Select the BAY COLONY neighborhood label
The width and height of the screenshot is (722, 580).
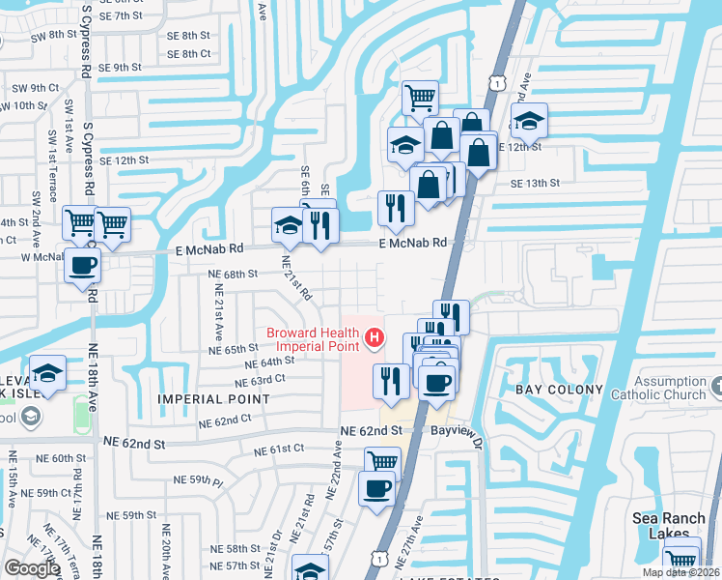559,390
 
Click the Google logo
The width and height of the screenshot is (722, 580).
32,568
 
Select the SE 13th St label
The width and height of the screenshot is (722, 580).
535,183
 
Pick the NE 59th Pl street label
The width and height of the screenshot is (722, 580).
198,479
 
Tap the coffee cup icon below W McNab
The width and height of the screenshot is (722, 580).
83,265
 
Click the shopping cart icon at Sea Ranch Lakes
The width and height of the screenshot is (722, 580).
681,559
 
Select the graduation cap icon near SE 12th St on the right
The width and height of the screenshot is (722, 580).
528,122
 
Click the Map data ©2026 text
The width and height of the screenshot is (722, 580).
681,572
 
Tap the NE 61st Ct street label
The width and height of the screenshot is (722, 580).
279,449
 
